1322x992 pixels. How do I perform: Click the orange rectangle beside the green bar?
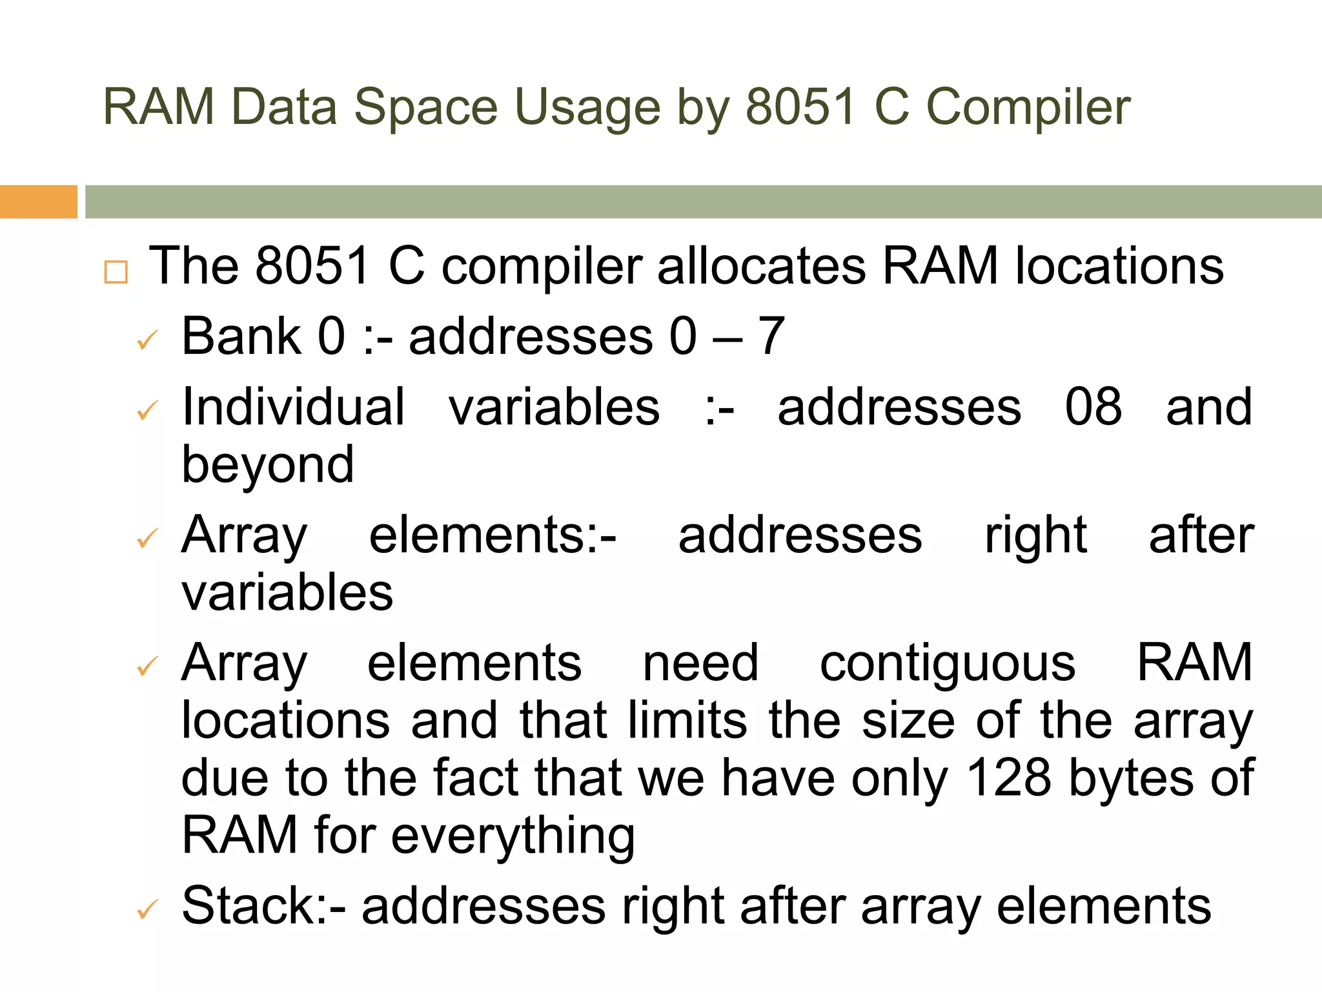click(x=38, y=201)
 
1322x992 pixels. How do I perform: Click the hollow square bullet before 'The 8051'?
click(x=116, y=273)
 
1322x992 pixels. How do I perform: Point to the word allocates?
click(x=761, y=266)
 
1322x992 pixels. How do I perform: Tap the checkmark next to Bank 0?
click(x=148, y=340)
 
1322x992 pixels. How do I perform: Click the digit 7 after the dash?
click(x=770, y=336)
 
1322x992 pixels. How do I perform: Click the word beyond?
click(x=268, y=465)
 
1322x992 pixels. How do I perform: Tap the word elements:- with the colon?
click(x=493, y=535)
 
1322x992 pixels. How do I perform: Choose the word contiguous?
click(x=948, y=663)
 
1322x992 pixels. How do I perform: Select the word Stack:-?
click(x=263, y=906)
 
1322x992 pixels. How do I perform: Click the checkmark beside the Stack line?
click(x=148, y=911)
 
